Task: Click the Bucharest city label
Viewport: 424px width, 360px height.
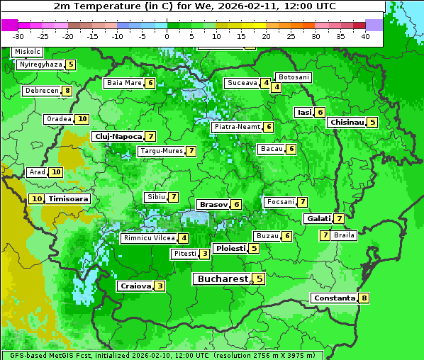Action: tap(222, 279)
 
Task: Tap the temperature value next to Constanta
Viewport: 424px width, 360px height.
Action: tap(364, 298)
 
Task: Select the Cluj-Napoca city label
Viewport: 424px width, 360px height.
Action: tap(118, 136)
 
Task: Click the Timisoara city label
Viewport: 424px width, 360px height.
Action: tap(69, 199)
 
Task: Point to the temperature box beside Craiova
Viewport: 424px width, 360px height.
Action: tap(160, 286)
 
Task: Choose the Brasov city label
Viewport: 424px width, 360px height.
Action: tap(213, 204)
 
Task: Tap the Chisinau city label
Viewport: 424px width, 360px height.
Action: tap(347, 122)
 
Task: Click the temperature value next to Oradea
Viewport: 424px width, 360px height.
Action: tap(82, 119)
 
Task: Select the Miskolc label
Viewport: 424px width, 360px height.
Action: tap(27, 52)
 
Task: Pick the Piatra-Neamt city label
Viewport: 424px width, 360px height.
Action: tap(238, 127)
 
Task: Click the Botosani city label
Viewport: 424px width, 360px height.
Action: tap(294, 77)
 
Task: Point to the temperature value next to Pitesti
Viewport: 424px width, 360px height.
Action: tap(204, 254)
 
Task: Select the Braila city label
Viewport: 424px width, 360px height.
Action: tap(344, 235)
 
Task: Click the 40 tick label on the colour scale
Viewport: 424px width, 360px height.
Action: tap(366, 36)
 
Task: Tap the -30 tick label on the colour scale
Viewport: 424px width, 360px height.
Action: tap(18, 36)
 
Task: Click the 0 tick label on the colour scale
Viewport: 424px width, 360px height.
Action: tap(167, 36)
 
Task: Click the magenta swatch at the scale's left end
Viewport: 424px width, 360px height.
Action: tap(9, 25)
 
